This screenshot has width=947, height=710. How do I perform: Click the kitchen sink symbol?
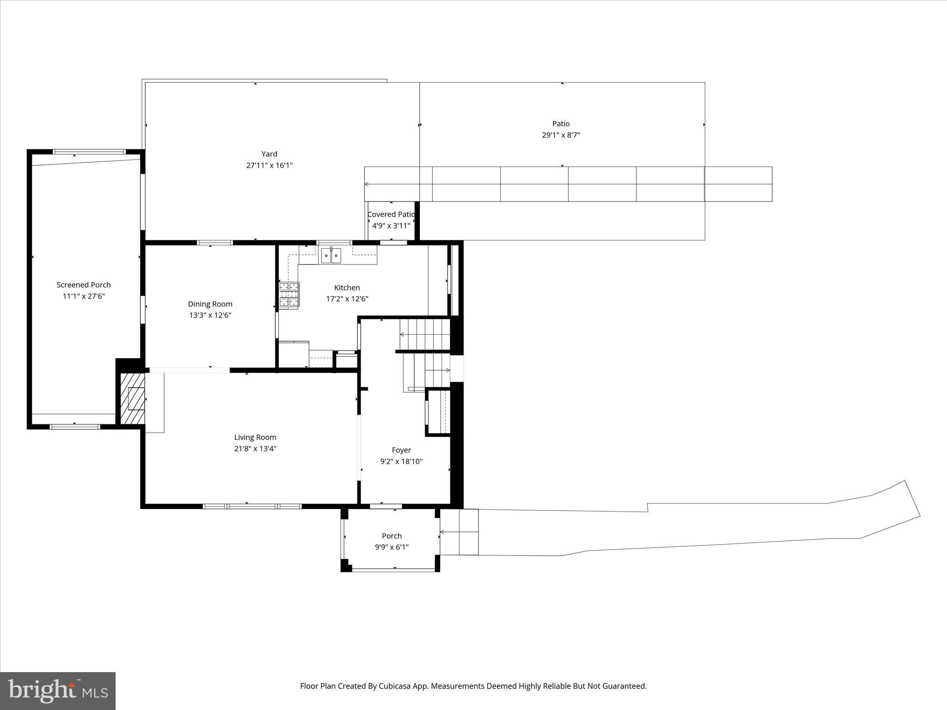click(331, 255)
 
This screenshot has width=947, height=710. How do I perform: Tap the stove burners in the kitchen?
click(289, 294)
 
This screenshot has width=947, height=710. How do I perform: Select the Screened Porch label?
click(84, 285)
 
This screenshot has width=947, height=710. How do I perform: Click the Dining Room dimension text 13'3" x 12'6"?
click(210, 315)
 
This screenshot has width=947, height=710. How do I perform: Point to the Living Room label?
click(255, 437)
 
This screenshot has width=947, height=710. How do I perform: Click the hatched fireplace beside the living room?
click(133, 398)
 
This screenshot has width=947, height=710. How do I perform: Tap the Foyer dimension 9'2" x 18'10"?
click(401, 461)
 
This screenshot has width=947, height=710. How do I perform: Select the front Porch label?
click(392, 536)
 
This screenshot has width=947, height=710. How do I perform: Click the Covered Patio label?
click(391, 214)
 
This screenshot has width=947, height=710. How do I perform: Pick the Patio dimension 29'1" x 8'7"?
click(561, 135)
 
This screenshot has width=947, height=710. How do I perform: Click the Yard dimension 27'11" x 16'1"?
click(269, 165)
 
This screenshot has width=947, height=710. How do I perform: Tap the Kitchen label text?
click(347, 288)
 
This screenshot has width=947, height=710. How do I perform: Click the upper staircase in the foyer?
click(424, 334)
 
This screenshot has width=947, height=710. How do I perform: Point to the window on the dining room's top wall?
click(215, 243)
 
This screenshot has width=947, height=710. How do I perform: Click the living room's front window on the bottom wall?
click(252, 507)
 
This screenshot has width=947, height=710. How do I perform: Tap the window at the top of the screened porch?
click(89, 152)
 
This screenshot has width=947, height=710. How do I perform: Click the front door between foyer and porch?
click(386, 507)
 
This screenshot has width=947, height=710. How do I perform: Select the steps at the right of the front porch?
click(459, 532)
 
